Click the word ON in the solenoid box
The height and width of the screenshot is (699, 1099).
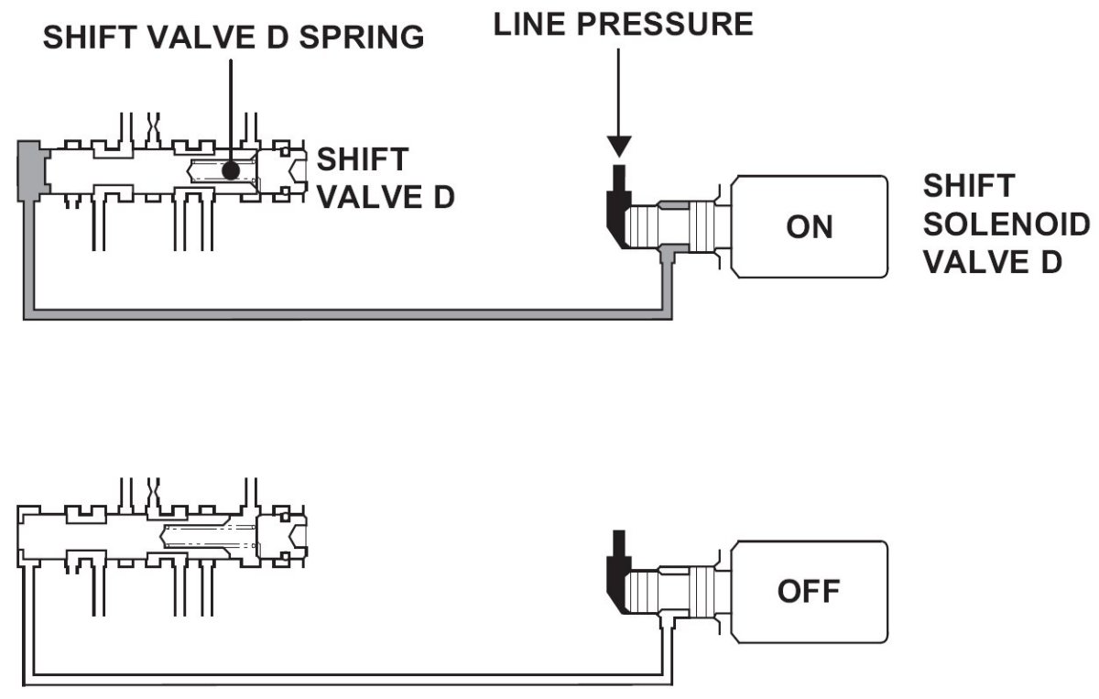(x=810, y=225)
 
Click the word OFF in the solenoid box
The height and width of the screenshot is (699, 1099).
(x=809, y=591)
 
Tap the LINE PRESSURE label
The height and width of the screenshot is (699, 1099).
(x=623, y=25)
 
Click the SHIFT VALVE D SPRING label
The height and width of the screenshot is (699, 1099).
(x=234, y=37)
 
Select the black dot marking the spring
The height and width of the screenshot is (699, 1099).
(x=230, y=169)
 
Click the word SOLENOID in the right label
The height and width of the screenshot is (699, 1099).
(x=1007, y=224)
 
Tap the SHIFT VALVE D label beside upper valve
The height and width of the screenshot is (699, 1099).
(x=385, y=178)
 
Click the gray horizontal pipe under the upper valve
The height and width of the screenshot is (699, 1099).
(x=348, y=313)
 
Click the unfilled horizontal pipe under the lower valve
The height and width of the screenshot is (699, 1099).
(x=348, y=679)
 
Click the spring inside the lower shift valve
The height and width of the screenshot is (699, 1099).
(x=206, y=536)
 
